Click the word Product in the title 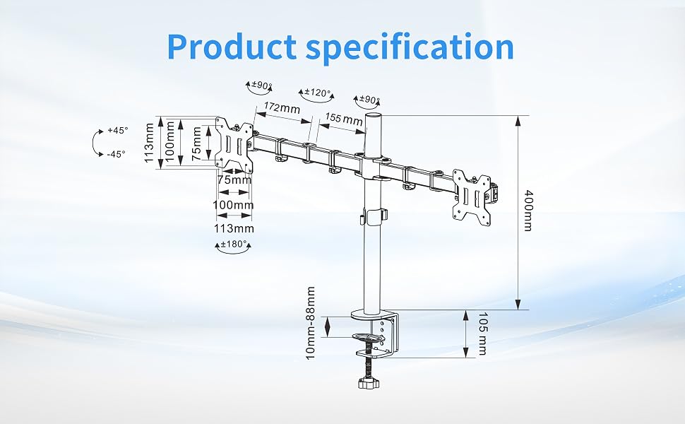point(232,47)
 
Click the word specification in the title point(410,48)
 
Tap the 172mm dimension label point(282,107)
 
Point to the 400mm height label point(528,211)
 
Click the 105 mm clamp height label point(482,334)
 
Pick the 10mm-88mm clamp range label point(310,323)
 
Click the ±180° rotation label point(234,244)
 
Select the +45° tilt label point(117,130)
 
